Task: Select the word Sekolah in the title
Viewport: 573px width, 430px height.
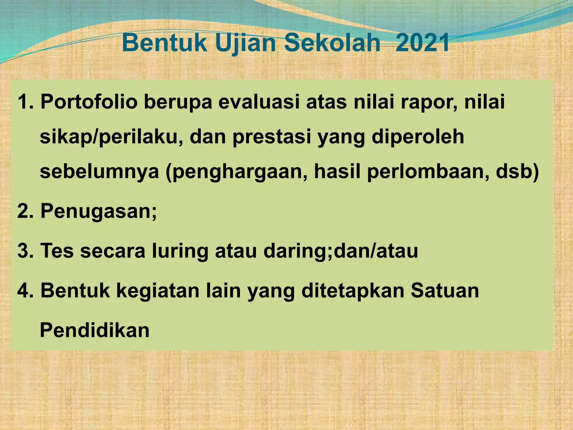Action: pyautogui.click(x=332, y=44)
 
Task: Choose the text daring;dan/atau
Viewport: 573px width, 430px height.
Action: pyautogui.click(x=340, y=251)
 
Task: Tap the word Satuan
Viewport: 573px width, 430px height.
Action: pyautogui.click(x=445, y=291)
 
